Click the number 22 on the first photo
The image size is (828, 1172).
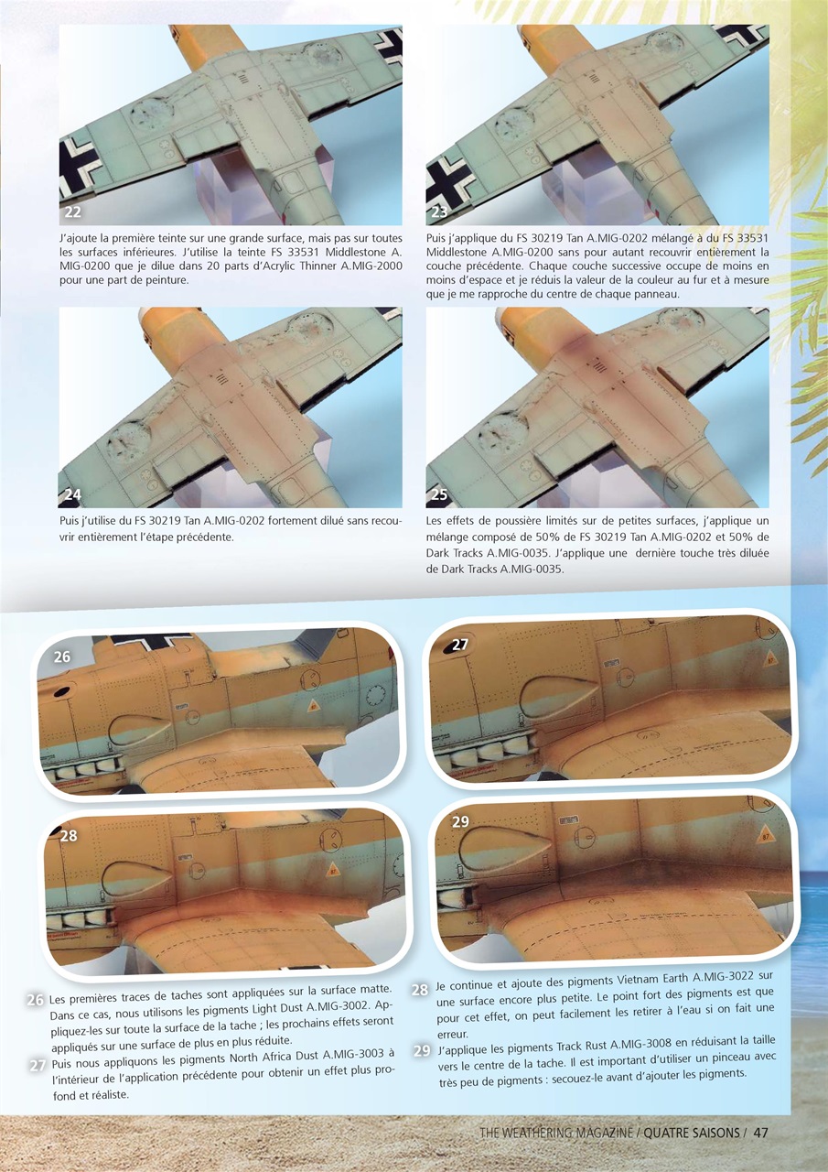73,212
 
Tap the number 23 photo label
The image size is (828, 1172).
440,212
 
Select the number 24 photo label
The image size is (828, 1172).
73,494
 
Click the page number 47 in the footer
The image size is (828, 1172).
760,1133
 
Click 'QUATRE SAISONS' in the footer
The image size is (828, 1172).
692,1133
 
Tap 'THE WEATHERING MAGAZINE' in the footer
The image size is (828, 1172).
556,1133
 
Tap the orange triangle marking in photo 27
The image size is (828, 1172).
770,657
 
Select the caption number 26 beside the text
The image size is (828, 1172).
36,1001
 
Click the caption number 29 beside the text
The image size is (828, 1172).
420,1050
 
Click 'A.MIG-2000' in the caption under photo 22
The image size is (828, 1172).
371,266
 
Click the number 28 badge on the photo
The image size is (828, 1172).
69,835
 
